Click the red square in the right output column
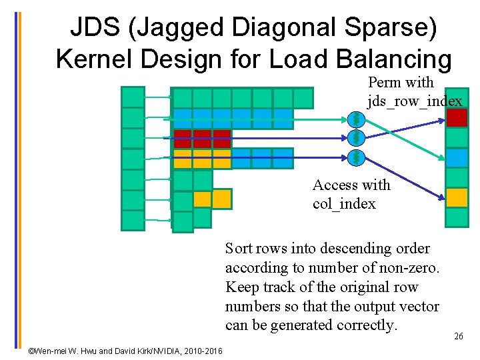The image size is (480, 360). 457,117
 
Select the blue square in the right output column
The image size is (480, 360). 457,158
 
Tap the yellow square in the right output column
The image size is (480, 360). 457,198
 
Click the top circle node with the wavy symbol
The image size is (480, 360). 357,119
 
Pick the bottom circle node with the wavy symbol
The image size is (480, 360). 357,158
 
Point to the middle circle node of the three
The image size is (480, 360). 357,138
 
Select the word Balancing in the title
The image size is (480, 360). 394,59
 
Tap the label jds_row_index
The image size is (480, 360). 415,101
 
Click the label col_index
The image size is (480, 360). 344,203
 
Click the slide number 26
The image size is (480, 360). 459,337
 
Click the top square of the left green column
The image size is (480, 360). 133,97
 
